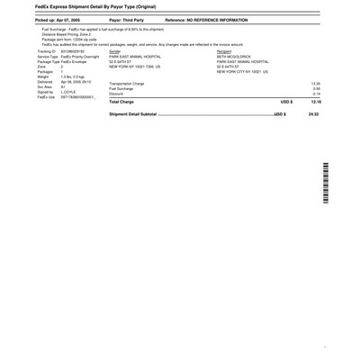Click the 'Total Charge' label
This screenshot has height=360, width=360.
(123, 103)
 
